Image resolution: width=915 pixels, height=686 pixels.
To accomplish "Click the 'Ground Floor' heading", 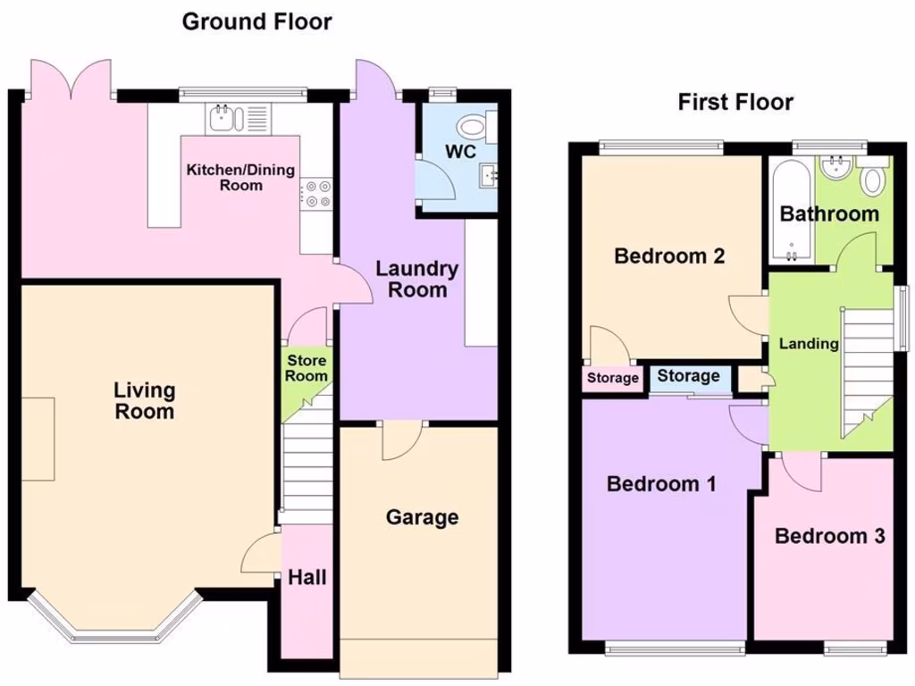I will [x=256, y=21].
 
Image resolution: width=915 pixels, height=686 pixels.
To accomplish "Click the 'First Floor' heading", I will [x=735, y=102].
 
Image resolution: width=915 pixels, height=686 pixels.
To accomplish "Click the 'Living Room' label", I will [x=144, y=401].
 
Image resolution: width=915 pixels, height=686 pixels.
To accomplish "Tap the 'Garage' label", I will [x=422, y=517].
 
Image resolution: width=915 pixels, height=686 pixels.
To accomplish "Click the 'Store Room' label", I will [x=306, y=368].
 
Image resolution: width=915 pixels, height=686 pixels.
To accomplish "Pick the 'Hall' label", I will [x=306, y=578].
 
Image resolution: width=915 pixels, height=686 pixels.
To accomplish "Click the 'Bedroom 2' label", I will [x=669, y=256].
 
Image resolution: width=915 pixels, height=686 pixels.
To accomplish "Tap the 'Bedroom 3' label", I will [x=829, y=536].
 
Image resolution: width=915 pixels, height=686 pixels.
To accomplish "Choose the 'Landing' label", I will [x=809, y=343].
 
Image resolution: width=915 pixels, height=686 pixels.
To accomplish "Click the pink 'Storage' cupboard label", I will [x=613, y=378].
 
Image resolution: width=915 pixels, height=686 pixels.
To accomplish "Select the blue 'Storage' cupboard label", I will [x=688, y=376].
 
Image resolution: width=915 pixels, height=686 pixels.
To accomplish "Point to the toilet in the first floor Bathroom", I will [x=872, y=179].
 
